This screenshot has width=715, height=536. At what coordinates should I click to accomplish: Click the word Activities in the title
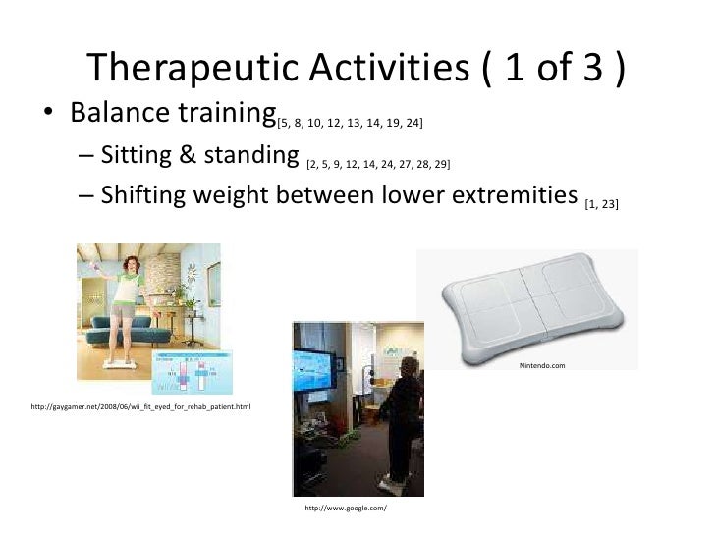click(389, 67)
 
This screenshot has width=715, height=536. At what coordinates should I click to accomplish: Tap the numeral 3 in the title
click(593, 67)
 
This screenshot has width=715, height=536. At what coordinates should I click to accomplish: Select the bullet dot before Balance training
click(48, 112)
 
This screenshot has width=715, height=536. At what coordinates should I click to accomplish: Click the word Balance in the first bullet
click(120, 111)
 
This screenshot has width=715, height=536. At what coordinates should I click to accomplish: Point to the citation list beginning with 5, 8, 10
click(350, 123)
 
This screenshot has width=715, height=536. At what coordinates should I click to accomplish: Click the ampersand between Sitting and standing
click(187, 154)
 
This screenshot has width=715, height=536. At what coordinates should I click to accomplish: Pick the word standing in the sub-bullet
click(251, 155)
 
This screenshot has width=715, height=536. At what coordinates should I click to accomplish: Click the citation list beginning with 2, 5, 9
click(378, 164)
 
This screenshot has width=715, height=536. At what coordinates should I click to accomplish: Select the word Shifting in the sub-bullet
click(143, 195)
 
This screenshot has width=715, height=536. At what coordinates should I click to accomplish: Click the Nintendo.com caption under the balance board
click(542, 365)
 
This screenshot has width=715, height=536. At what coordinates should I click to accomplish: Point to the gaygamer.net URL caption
click(140, 406)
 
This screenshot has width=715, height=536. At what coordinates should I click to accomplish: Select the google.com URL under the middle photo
click(346, 508)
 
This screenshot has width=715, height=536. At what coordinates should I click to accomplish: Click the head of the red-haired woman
click(132, 265)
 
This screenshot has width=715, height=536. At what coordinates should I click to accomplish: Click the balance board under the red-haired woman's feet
click(120, 364)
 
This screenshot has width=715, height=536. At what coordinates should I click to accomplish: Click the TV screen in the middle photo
click(313, 370)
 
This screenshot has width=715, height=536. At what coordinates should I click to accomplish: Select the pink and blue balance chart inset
click(192, 372)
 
